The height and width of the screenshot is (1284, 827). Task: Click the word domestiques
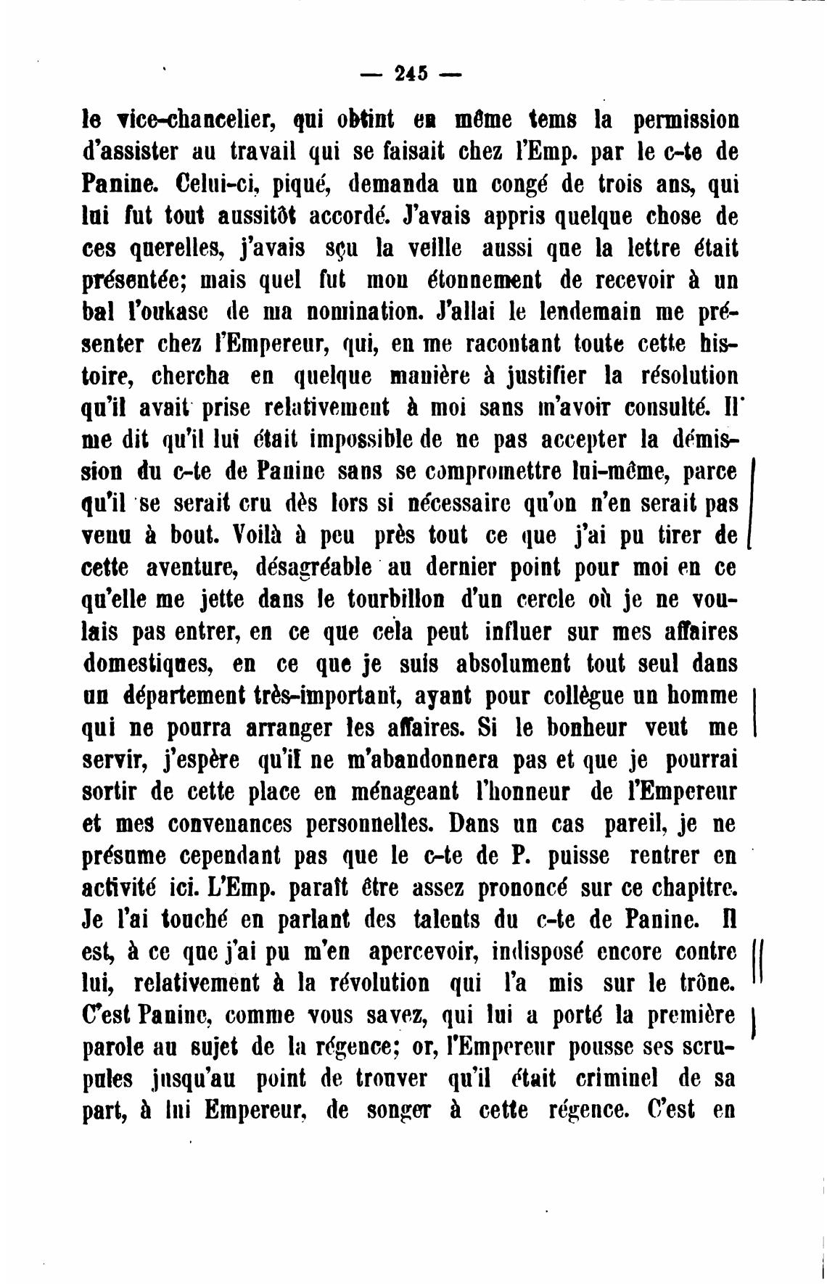147,664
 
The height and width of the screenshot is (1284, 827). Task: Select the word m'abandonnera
416,760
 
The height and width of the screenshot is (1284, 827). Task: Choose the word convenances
233,824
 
